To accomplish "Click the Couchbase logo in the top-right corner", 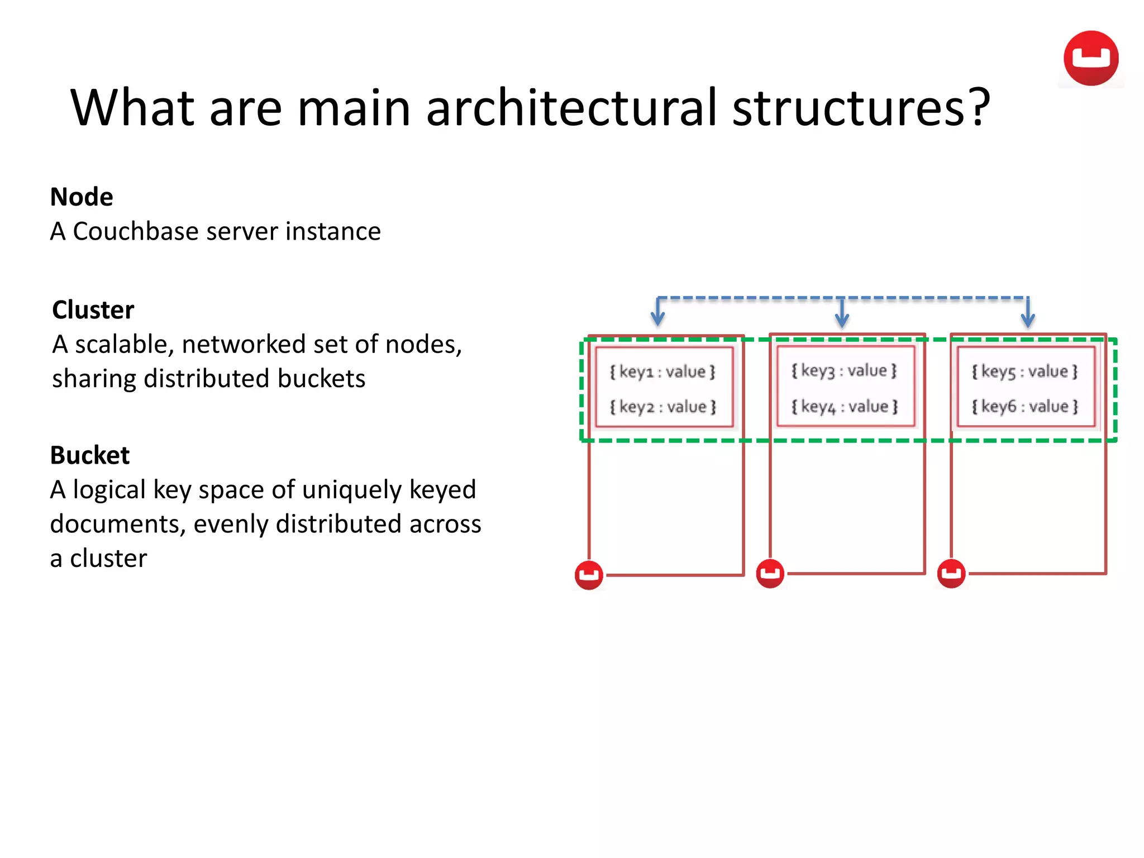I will [1090, 58].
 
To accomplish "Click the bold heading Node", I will [82, 197].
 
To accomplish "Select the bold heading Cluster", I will [93, 310].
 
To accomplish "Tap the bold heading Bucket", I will [89, 455].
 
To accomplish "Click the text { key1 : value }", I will [662, 371].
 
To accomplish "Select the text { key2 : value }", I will [662, 407].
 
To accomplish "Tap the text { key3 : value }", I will [844, 370].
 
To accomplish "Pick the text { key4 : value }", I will [844, 406].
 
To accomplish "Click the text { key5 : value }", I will [1024, 371].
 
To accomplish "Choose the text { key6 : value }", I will [1024, 406].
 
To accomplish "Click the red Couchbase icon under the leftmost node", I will [589, 575].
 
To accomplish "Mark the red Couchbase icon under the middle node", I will [770, 573].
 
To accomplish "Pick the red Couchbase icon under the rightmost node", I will [951, 573].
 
